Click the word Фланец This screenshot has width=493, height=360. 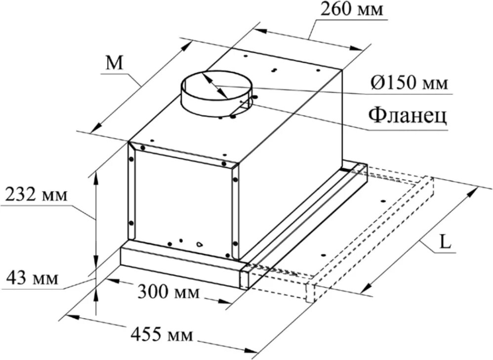pos(408,116)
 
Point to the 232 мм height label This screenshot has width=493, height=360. pos(36,195)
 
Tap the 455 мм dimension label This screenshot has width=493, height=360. pos(162,335)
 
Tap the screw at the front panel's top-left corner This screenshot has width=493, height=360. pos(142,148)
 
